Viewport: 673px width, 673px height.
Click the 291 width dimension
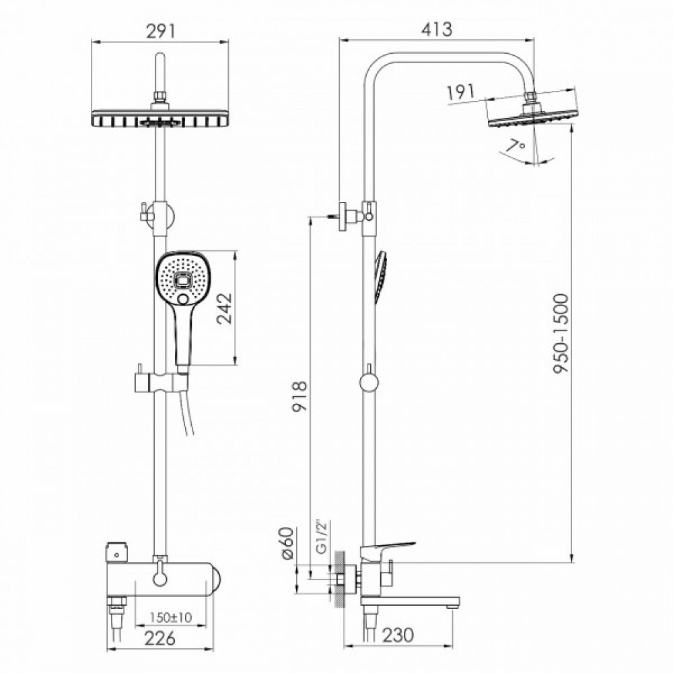(161, 32)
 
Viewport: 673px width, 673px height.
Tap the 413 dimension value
(437, 29)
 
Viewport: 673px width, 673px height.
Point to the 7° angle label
(515, 145)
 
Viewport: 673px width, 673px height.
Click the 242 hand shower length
(225, 308)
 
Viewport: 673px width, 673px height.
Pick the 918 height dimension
(299, 396)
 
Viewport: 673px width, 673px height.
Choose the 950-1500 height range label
(561, 333)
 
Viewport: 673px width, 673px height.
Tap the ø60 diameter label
(287, 542)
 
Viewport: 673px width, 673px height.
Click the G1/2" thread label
(322, 537)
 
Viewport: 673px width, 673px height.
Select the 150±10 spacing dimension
(171, 617)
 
